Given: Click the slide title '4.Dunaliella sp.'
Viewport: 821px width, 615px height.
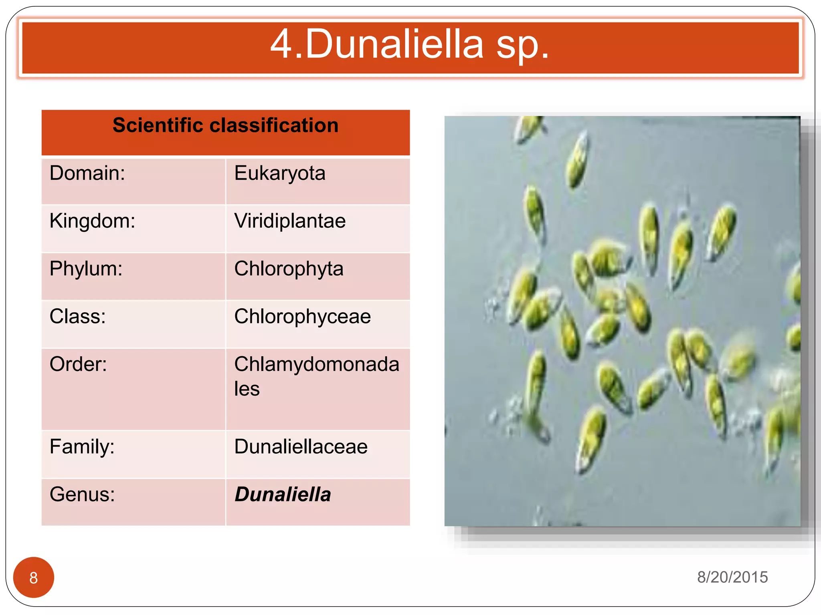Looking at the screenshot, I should point(410,45).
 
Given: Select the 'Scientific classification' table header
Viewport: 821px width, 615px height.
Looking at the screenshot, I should point(225,125).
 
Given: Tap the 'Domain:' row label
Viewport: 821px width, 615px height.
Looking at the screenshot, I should point(87,173).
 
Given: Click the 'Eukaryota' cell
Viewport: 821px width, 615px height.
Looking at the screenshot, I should point(279,173).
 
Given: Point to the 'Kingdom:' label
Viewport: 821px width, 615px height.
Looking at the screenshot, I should point(92,221).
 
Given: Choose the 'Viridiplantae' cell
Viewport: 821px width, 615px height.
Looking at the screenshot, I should point(290,221).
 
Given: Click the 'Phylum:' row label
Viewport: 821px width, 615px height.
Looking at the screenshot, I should point(86,269).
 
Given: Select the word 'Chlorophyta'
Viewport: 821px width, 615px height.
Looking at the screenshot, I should point(289,269).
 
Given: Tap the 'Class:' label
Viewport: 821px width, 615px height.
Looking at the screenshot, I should point(78,316).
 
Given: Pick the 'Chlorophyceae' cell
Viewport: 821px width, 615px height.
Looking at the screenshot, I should point(302,316).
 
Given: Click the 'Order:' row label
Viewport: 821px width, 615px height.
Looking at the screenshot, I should point(78,364).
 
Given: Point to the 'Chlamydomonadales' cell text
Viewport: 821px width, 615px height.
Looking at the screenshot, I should point(316,376).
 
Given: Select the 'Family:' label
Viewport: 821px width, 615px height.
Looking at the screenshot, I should point(82,446).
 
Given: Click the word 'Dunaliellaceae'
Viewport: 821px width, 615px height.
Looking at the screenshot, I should point(301,446).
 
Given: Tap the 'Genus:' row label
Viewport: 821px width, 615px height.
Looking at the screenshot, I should point(82,494).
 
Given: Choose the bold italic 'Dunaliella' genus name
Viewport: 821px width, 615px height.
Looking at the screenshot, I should point(283,494).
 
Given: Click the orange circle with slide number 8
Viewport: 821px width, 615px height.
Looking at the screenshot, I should point(34,577).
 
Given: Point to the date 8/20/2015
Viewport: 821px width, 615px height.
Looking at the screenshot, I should point(732,577).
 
